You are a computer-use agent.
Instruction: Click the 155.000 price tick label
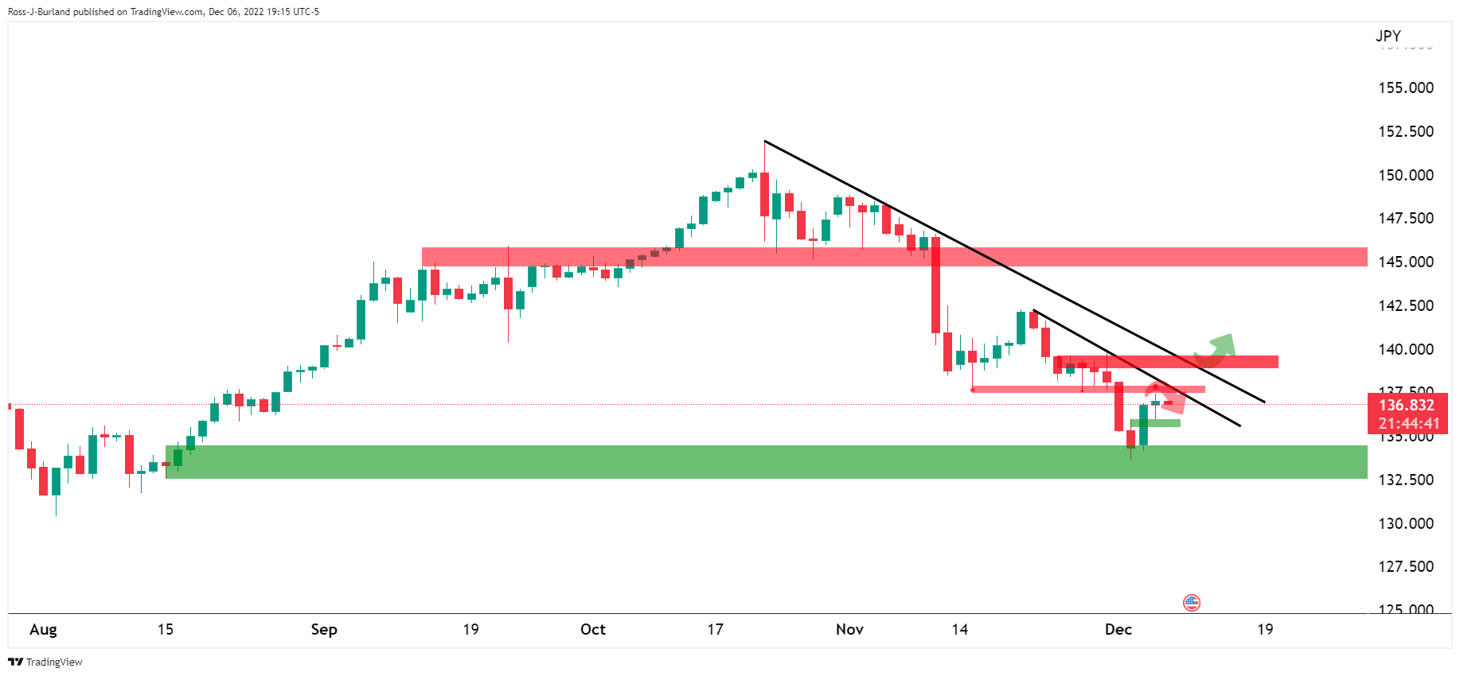[x=1405, y=88]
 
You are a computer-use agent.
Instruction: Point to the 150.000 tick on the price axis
[x=1405, y=175]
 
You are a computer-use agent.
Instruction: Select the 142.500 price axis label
[x=1405, y=305]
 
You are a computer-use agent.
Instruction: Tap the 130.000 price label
[x=1405, y=523]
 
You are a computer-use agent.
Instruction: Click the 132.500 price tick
[x=1405, y=480]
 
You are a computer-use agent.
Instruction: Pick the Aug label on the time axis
[x=43, y=630]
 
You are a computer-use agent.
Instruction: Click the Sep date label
[x=324, y=630]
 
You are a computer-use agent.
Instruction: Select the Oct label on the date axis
[x=593, y=630]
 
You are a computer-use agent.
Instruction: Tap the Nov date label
[x=849, y=630]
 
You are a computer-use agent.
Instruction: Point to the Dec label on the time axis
[x=1118, y=630]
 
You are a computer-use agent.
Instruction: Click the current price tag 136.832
[x=1407, y=405]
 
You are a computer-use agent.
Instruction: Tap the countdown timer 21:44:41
[x=1408, y=424]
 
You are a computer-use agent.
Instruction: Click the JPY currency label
[x=1388, y=36]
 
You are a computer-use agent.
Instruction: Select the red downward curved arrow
[x=1168, y=397]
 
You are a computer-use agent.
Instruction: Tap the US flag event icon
[x=1192, y=603]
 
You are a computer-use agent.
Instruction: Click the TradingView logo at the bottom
[x=45, y=662]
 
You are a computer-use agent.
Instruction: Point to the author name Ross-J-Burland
[x=37, y=12]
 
